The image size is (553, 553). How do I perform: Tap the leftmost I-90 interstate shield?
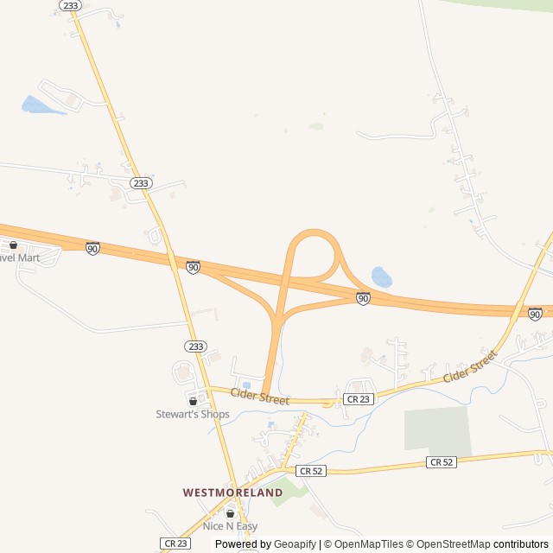[x=92, y=248]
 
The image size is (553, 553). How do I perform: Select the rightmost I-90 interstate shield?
[x=536, y=314]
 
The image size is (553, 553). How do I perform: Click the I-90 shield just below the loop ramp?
[x=363, y=298]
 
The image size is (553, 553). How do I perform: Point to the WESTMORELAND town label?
[x=232, y=493]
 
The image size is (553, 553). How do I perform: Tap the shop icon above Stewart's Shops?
[x=193, y=401]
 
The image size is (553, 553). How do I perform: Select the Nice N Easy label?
[x=230, y=526]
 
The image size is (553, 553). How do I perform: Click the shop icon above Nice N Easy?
[x=230, y=513]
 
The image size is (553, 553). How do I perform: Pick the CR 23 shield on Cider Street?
[x=358, y=399]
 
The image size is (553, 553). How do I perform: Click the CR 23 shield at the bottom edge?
[x=175, y=543]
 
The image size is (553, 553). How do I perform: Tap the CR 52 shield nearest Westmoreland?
[x=312, y=471]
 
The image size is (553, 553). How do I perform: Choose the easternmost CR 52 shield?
[x=441, y=462]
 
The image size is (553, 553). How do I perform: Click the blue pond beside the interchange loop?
[x=381, y=277]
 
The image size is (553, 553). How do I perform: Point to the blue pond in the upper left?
[x=36, y=105]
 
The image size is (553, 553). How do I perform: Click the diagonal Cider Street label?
[x=471, y=367]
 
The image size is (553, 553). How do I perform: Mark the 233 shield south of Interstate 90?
[x=195, y=346]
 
